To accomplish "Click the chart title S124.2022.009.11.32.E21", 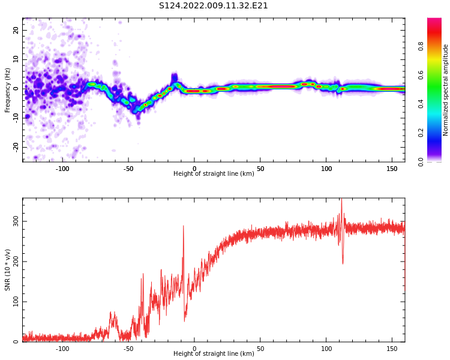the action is (213, 6).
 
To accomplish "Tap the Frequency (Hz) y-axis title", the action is (7, 90).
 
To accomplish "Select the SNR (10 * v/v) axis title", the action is (7, 270).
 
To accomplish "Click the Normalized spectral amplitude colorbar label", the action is (445, 90).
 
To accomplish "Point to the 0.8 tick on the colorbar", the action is (421, 46).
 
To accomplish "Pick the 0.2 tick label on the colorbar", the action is (421, 133).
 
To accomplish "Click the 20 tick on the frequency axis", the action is (16, 30).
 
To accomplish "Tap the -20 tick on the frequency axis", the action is (16, 147).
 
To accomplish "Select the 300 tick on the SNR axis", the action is (16, 221).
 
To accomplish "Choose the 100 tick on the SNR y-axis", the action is (16, 302).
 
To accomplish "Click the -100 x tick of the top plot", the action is (62, 169).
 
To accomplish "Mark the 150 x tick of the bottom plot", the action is (392, 349).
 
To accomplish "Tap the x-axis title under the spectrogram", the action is (214, 173).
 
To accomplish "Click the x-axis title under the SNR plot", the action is (214, 353).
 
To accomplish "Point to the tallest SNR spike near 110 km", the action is (341, 199).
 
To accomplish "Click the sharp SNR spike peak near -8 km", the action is (184, 226).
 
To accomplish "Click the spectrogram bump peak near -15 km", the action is (175, 75).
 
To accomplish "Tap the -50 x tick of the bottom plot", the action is (128, 349).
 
